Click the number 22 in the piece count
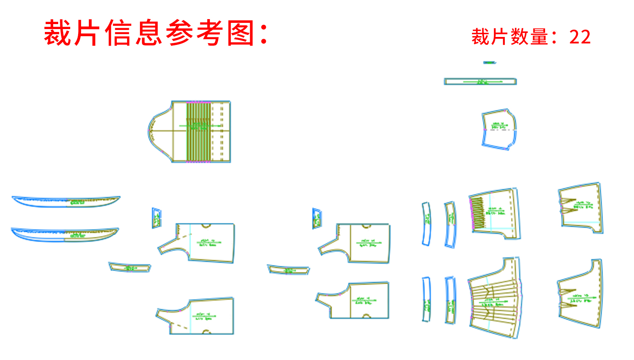point(580,37)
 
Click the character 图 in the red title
point(241,33)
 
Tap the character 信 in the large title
point(118,33)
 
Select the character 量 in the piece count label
point(539,37)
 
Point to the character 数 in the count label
point(520,37)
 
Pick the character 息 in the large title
point(148,33)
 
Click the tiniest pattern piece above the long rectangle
point(489,63)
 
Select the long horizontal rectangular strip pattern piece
point(480,81)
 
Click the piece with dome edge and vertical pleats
point(191,131)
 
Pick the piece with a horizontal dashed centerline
point(499,129)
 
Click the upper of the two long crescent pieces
point(66,202)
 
